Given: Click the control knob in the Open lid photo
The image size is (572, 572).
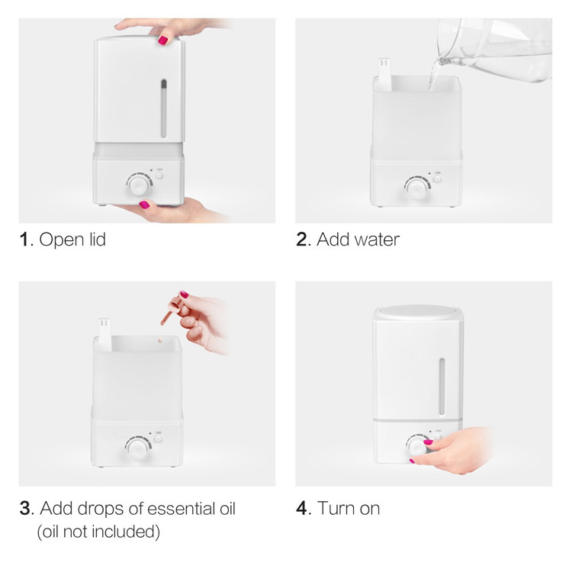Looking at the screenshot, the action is coord(139,185).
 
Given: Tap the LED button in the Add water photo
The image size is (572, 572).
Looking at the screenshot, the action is coord(437,179).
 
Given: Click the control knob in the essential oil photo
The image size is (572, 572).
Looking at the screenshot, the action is coord(137,448).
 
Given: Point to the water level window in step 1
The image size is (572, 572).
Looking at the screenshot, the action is coord(164,108).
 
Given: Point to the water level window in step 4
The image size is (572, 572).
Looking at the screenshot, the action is coord(442,387).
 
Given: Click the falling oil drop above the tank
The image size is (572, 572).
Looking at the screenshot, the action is coord(159,340).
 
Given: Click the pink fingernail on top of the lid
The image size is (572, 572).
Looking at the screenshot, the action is coord(162,40).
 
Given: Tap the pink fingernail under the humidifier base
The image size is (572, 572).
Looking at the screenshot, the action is coord(144,204).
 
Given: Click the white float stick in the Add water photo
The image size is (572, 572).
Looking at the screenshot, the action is coord(384,75).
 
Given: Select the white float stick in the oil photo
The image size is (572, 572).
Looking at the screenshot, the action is coord(105,335).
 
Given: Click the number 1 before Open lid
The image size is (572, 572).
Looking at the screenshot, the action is coord(24,239).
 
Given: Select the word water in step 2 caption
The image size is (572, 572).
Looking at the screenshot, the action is coord(378,240).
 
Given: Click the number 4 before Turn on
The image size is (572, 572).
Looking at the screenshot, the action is coord(301,508).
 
